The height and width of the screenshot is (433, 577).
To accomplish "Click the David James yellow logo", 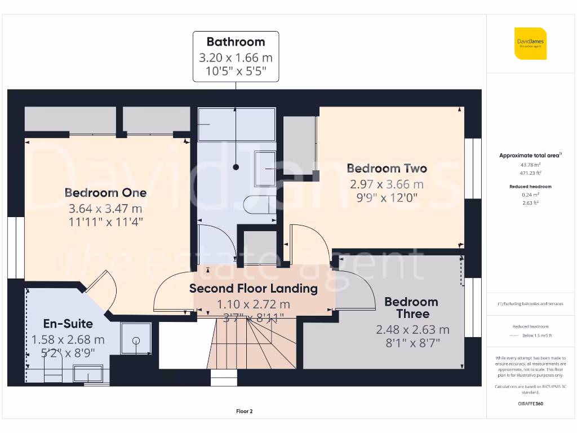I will (530, 43).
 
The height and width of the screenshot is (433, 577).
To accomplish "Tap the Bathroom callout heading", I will (236, 42).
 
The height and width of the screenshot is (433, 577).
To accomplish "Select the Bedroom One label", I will (105, 193).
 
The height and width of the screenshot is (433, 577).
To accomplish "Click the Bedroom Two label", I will (387, 168).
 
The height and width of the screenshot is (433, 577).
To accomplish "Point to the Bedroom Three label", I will (412, 308).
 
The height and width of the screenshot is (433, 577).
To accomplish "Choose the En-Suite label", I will (68, 324).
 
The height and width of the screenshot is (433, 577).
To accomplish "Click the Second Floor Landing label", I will (253, 289).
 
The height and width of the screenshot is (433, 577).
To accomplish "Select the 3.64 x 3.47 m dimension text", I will (105, 207).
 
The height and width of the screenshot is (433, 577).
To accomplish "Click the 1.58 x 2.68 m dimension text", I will (68, 339).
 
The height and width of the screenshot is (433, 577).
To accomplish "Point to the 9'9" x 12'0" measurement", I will (387, 198).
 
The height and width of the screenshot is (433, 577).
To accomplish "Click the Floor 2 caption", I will (244, 412).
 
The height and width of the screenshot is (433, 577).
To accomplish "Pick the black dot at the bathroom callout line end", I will (236, 167).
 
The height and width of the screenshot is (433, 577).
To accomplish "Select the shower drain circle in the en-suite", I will (136, 340).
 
